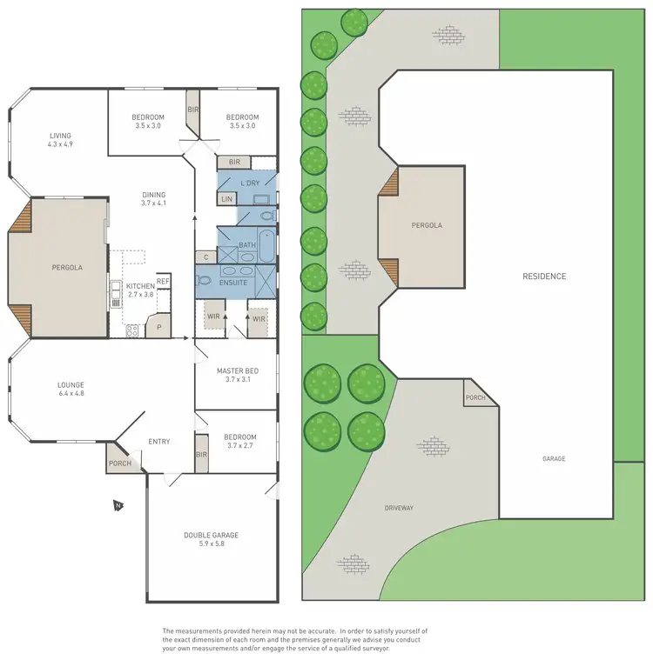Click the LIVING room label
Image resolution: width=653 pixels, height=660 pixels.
(x=60, y=136)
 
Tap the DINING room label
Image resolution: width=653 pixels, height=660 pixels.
(x=153, y=195)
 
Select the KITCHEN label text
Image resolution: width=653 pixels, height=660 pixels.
(x=140, y=286)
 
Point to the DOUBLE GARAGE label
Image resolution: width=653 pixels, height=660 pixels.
(x=211, y=536)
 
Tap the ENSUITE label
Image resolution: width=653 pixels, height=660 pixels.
(x=234, y=283)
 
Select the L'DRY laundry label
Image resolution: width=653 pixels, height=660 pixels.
(x=251, y=183)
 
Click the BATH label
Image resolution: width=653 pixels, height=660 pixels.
(x=246, y=246)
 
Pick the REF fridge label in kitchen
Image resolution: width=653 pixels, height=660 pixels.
(x=163, y=281)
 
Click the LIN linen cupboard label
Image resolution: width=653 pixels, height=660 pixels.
(x=226, y=199)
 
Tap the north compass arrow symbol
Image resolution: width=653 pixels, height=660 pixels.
(x=117, y=504)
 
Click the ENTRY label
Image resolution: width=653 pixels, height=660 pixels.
(x=158, y=442)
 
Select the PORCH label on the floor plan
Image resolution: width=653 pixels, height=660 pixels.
(x=120, y=463)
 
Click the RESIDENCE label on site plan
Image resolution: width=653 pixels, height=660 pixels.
(x=544, y=277)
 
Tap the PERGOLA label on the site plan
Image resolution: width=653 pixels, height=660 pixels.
(x=427, y=225)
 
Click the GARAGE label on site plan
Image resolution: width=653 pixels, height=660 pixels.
(x=554, y=458)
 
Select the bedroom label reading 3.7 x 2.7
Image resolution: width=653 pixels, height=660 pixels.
(x=239, y=441)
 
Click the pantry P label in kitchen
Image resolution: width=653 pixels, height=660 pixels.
(x=158, y=328)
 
